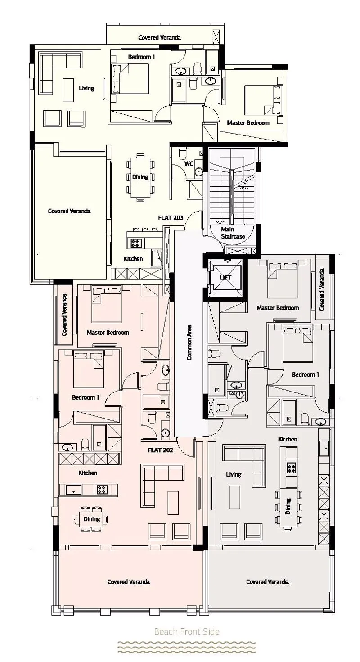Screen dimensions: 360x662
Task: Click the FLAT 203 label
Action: click(171, 218)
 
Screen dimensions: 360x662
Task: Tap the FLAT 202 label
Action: click(160, 450)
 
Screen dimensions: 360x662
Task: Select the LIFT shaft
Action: click(225, 277)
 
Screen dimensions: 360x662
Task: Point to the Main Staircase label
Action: click(233, 233)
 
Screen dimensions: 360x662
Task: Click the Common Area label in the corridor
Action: click(189, 342)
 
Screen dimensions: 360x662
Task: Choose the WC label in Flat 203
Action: click(189, 163)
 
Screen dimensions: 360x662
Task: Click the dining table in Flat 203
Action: click(140, 177)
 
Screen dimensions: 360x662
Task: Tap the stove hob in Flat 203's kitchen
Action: click(135, 243)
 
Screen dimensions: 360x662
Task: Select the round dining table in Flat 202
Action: click(91, 519)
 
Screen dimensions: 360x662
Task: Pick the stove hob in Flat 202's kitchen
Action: click(103, 490)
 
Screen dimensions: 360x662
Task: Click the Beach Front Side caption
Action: click(187, 631)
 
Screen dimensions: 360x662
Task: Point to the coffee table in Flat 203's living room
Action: click(68, 90)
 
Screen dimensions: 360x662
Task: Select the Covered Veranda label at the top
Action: click(160, 37)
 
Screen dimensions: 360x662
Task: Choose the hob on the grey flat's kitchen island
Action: click(292, 468)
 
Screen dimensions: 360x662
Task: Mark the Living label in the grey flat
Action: click(234, 474)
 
